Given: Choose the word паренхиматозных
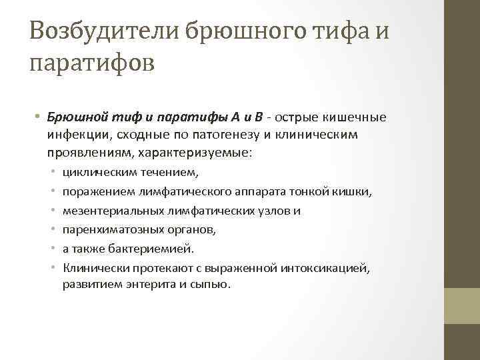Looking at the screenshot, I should pyautogui.click(x=104, y=229).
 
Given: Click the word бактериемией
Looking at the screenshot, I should pyautogui.click(x=157, y=249).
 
